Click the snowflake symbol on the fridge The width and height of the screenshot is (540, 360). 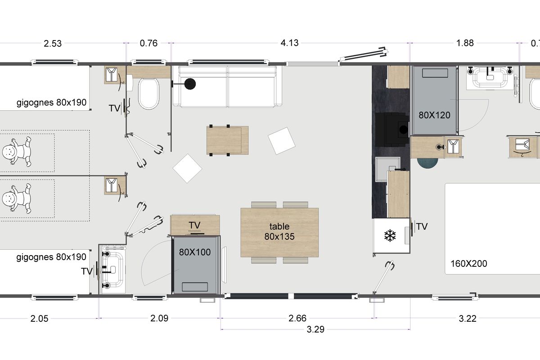point(390,236)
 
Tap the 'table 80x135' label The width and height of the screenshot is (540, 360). point(279,231)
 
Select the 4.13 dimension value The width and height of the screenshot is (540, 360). point(289,43)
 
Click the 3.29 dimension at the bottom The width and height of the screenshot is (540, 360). point(315,329)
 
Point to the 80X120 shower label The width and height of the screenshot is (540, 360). point(434,115)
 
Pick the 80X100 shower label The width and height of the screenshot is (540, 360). point(195,252)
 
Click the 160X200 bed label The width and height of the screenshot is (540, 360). point(468,264)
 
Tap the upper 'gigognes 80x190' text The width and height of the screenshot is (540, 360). point(51,103)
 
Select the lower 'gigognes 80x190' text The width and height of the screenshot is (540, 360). point(51,257)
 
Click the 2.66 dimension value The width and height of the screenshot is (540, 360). point(297,318)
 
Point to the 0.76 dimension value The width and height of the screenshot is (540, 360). point(148,43)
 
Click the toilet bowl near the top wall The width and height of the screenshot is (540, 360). point(148,94)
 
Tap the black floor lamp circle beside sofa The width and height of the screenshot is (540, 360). point(190,84)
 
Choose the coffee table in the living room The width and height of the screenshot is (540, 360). point(227,140)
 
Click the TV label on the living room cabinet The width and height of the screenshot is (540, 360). point(194,225)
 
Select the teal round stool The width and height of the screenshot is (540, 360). point(427,163)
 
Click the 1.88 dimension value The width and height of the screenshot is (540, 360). point(465,43)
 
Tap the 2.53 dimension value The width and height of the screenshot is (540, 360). point(53,43)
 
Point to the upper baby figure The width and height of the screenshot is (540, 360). point(17,152)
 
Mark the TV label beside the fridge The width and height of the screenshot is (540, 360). point(422,227)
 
